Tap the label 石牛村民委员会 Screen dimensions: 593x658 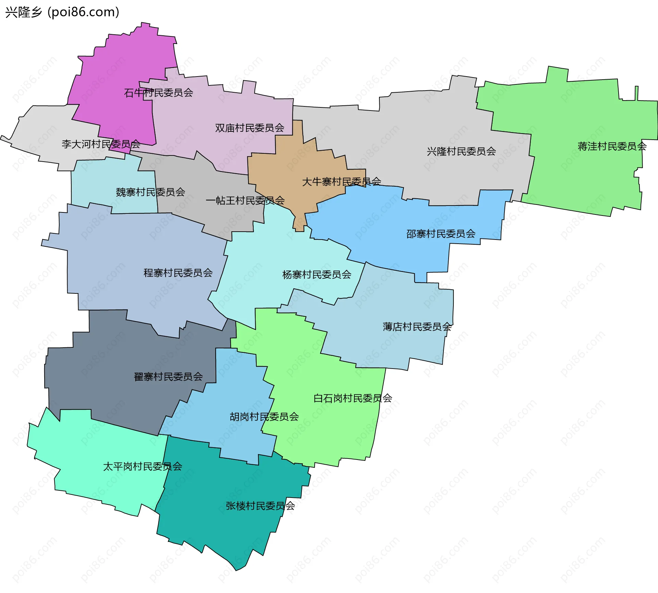click(158, 93)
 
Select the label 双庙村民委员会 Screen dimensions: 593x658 click(249, 128)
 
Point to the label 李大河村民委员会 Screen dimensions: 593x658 click(101, 144)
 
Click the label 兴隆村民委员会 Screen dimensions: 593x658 click(461, 151)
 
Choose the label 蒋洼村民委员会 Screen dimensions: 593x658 click(612, 147)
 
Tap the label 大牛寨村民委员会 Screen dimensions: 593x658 click(341, 182)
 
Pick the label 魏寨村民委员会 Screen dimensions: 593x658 click(150, 192)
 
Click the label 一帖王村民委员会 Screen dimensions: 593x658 click(245, 200)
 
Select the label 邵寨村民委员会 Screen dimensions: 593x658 click(441, 234)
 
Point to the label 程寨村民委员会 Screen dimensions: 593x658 click(178, 273)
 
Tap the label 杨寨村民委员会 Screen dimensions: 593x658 click(317, 275)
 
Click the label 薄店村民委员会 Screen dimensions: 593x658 click(417, 327)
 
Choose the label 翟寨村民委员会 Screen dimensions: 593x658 click(168, 377)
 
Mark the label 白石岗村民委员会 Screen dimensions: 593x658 click(353, 398)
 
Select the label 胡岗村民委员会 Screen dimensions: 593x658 click(264, 417)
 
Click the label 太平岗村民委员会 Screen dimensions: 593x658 click(142, 467)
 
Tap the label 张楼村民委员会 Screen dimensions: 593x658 click(260, 506)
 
